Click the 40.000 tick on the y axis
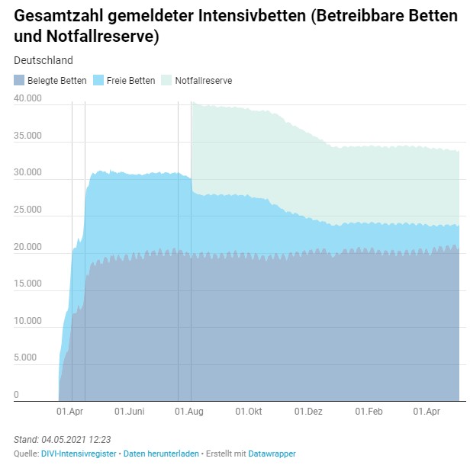(x=27, y=98)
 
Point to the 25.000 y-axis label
(x=27, y=210)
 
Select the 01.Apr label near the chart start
(x=69, y=412)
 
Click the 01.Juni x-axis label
(x=129, y=412)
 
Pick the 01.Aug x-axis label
(x=190, y=412)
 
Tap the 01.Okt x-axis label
(x=249, y=412)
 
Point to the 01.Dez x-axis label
(x=309, y=412)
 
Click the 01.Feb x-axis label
(x=369, y=412)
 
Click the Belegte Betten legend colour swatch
(x=19, y=80)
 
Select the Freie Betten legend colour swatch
(x=98, y=80)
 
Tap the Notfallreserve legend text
(x=203, y=80)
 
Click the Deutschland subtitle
(x=43, y=60)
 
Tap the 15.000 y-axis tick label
(x=27, y=284)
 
